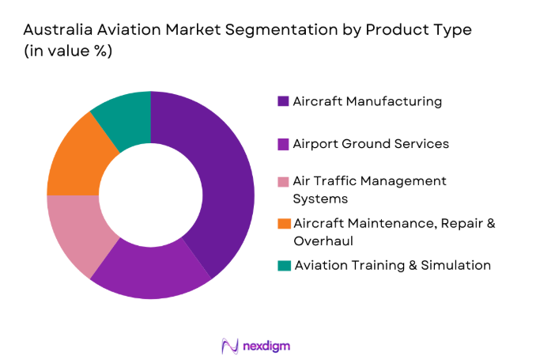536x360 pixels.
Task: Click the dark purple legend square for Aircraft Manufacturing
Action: [x=283, y=101]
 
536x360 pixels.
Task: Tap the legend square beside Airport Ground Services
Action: [x=283, y=144]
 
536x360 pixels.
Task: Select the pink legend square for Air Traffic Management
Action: [x=283, y=181]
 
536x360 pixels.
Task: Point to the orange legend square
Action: [x=283, y=223]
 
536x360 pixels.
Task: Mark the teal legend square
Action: [x=283, y=265]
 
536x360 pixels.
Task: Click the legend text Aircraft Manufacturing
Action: [x=367, y=101]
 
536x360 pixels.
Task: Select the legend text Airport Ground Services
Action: [x=371, y=144]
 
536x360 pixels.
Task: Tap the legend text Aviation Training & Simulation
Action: [x=392, y=265]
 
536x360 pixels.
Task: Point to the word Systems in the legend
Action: [x=319, y=199]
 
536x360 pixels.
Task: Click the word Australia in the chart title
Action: [x=55, y=31]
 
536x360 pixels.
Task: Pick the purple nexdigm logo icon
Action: [x=230, y=346]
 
